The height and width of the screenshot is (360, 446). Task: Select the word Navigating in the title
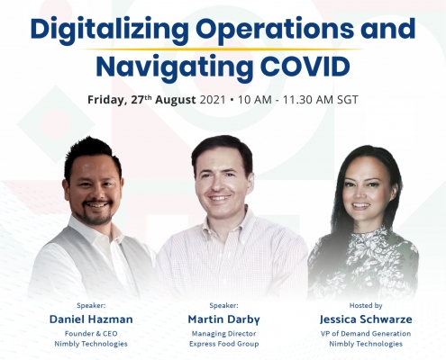coord(174,68)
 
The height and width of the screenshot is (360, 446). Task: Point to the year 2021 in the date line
coord(213,100)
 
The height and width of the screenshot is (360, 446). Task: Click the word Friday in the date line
coord(105,100)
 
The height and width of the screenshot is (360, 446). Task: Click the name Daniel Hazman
coord(91,319)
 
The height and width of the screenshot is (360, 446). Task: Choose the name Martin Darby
coord(223,319)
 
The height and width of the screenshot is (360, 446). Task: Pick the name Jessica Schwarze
coord(366,319)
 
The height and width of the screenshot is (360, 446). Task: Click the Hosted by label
coord(366,306)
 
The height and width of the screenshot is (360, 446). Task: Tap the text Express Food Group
coord(224,344)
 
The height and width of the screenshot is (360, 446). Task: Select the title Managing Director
coord(224,334)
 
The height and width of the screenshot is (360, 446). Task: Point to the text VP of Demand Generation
coord(366,334)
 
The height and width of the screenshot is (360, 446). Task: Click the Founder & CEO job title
coord(91,334)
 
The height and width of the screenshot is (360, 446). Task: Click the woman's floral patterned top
coord(363,261)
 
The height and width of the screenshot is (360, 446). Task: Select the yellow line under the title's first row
coord(223,49)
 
